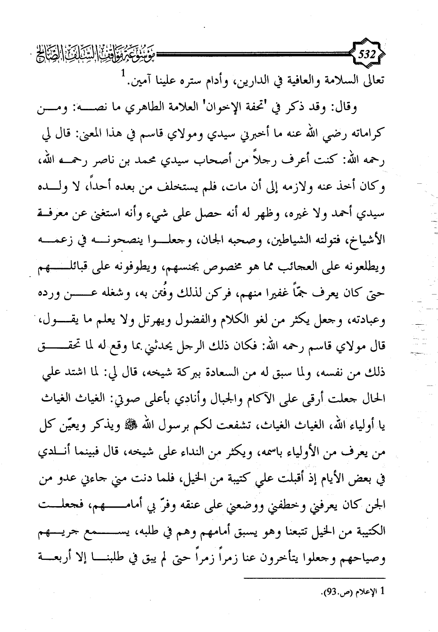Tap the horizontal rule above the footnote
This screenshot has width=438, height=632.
(314, 578)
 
